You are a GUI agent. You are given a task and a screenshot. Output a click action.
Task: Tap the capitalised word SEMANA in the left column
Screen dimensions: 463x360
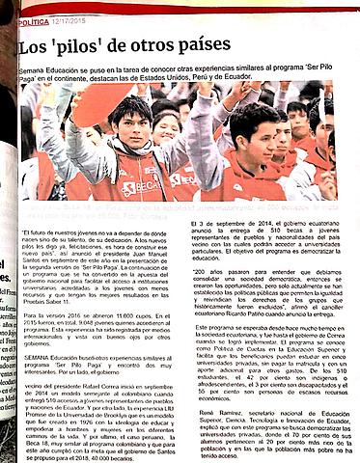[x=38, y=358]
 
